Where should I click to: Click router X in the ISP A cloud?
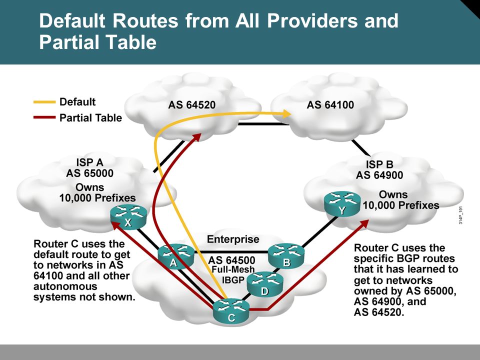[128, 216]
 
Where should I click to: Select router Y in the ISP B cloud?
[342, 203]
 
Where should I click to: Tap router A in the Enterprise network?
[176, 256]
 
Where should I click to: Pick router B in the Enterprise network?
[286, 256]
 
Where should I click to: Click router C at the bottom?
[231, 311]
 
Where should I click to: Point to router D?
[265, 284]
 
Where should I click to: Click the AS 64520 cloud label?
[192, 105]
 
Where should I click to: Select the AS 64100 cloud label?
[330, 105]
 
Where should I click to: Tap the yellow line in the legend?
[44, 102]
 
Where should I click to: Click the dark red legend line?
[44, 117]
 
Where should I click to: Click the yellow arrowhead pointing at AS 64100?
[286, 114]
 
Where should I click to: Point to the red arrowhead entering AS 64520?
[196, 137]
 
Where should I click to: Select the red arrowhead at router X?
[115, 226]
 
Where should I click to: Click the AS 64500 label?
[231, 260]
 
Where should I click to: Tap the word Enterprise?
[233, 239]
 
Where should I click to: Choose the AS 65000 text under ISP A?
[89, 173]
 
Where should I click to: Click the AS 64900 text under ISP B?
[379, 175]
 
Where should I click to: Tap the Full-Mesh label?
[233, 269]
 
